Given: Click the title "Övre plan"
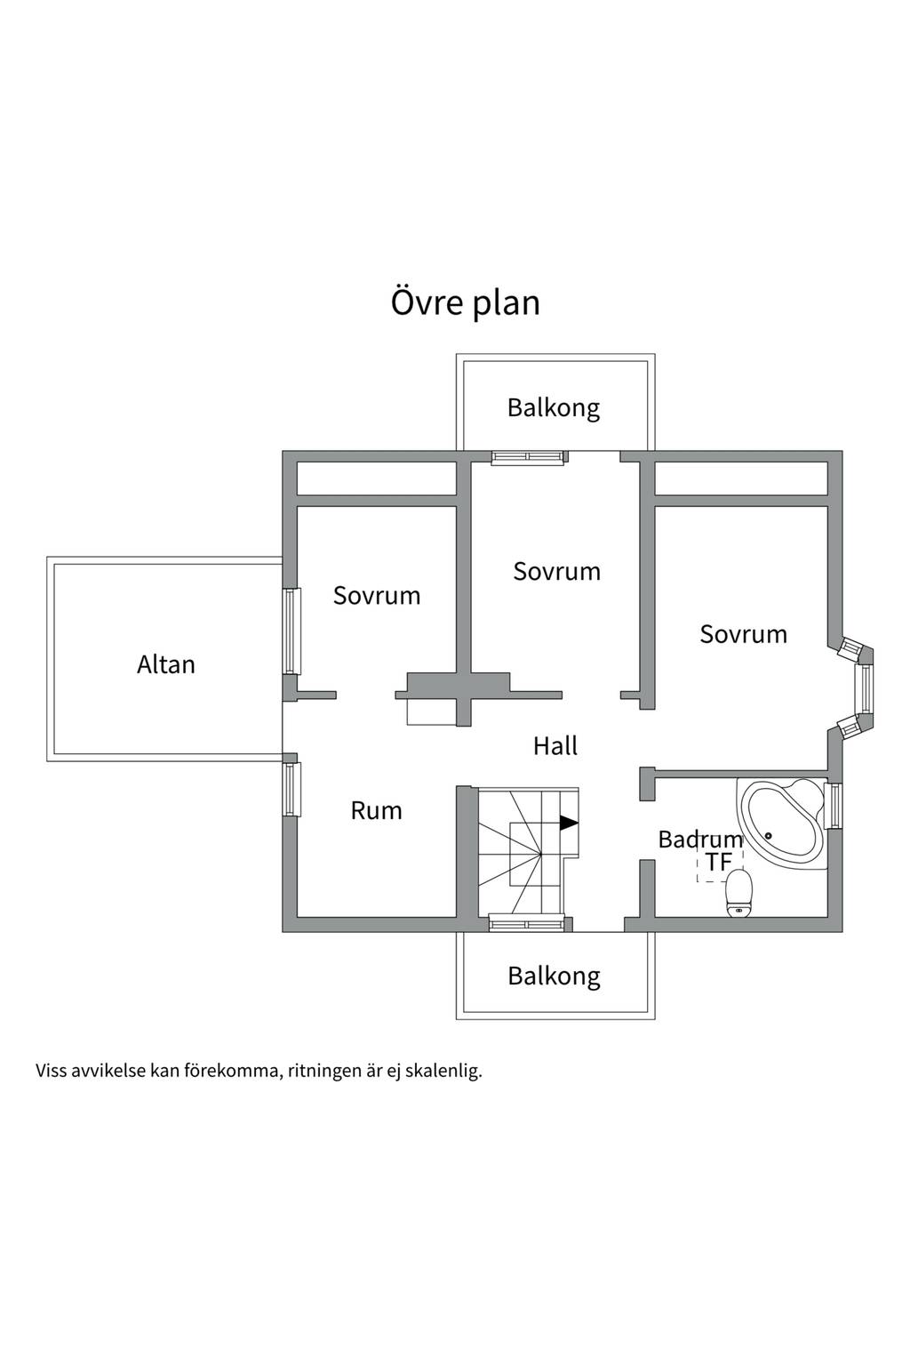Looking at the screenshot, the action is (465, 303).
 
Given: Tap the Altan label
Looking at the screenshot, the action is (166, 664).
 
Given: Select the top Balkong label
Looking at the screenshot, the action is (554, 408).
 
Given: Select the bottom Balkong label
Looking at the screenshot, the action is (554, 976).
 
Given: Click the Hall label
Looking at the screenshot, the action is (555, 746).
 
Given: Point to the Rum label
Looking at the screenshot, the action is (376, 811).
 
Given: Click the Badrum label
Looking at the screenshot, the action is (700, 840).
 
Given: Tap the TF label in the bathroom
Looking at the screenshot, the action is (719, 863).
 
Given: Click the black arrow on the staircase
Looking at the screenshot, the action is (569, 823).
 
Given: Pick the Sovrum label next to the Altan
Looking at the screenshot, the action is (377, 596).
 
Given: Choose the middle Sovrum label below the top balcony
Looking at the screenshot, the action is (556, 572).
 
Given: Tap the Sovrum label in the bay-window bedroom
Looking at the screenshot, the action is (743, 635).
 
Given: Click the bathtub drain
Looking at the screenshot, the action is (770, 835).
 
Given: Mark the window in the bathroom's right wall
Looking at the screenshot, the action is (834, 806).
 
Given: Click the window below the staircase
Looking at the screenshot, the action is (527, 924).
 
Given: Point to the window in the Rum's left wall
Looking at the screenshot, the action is (292, 789).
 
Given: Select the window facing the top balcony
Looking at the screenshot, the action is (528, 457).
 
